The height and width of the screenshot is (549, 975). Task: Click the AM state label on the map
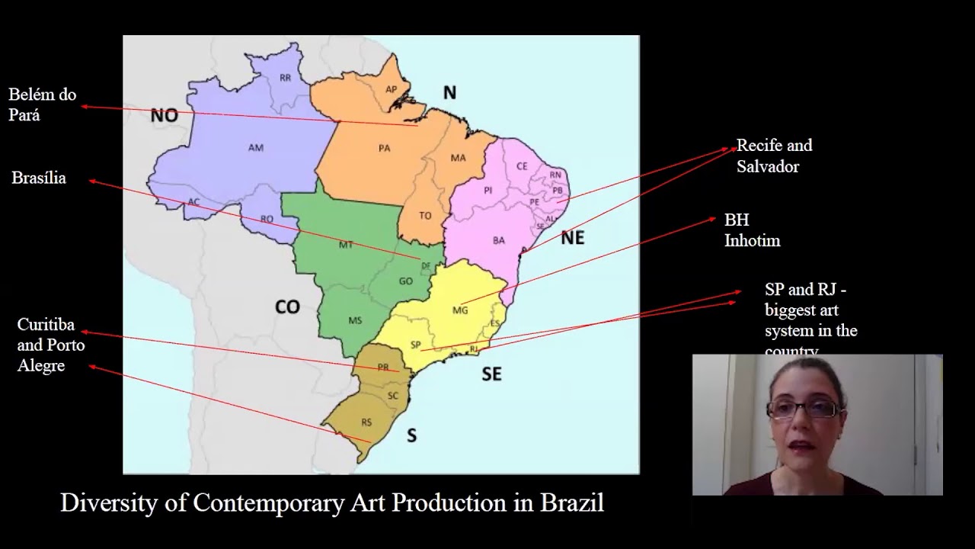pyautogui.click(x=256, y=148)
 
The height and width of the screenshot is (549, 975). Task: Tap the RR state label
pyautogui.click(x=286, y=78)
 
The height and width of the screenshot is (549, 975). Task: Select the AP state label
pyautogui.click(x=392, y=89)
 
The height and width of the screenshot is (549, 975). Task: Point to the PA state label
pyautogui.click(x=385, y=148)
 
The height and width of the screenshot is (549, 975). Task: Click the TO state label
pyautogui.click(x=425, y=216)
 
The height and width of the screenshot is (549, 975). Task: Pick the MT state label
pyautogui.click(x=346, y=245)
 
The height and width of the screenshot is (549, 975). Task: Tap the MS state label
pyautogui.click(x=355, y=320)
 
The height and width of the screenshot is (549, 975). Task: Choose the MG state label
pyautogui.click(x=460, y=310)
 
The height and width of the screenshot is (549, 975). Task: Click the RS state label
pyautogui.click(x=367, y=422)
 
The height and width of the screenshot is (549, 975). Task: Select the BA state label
pyautogui.click(x=499, y=240)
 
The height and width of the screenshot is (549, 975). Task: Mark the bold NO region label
pyautogui.click(x=164, y=116)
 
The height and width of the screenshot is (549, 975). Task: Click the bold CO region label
pyautogui.click(x=287, y=307)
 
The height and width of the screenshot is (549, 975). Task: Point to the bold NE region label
pyautogui.click(x=572, y=238)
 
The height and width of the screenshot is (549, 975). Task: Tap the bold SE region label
pyautogui.click(x=491, y=374)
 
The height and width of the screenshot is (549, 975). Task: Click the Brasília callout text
pyautogui.click(x=39, y=178)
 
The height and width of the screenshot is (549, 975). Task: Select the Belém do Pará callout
pyautogui.click(x=43, y=105)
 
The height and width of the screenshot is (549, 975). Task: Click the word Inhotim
pyautogui.click(x=752, y=241)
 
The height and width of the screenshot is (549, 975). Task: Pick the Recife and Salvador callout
pyautogui.click(x=774, y=156)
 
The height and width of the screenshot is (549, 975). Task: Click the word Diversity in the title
pyautogui.click(x=122, y=503)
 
